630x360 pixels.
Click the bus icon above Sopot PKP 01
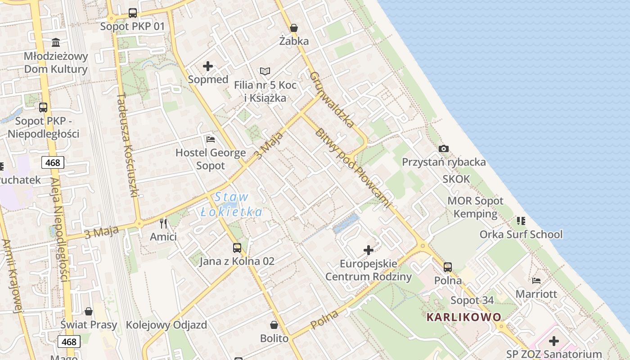tap(132, 13)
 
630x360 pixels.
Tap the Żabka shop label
tap(294, 41)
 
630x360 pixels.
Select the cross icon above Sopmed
tap(208, 67)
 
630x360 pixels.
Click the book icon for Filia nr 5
tap(265, 71)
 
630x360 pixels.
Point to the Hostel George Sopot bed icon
tap(210, 139)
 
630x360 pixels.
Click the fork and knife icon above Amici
tap(163, 223)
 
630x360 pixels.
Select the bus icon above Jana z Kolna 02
tap(237, 247)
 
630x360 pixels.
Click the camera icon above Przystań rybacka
tap(444, 148)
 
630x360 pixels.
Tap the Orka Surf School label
tap(521, 234)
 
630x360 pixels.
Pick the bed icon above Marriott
tap(536, 280)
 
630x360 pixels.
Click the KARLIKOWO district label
tap(463, 317)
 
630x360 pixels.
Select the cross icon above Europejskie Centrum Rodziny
tap(369, 250)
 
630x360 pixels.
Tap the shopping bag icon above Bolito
tap(274, 325)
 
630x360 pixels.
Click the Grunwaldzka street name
tap(332, 99)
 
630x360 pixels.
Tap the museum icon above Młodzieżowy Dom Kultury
tap(56, 43)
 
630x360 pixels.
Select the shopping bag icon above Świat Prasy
tap(89, 311)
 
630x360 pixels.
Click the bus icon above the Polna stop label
tap(448, 267)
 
